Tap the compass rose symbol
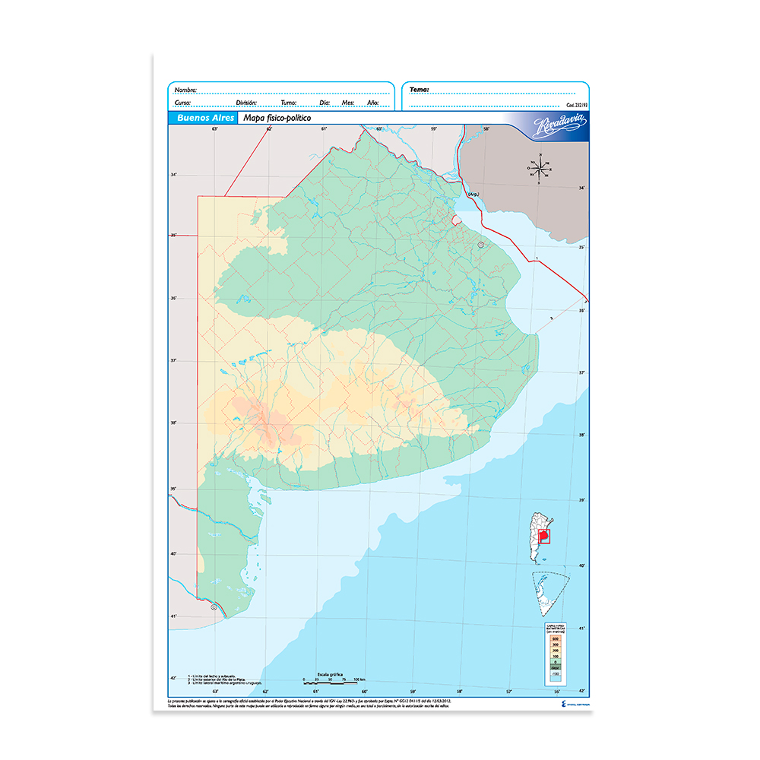pyautogui.click(x=540, y=169)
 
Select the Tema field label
pyautogui.click(x=419, y=90)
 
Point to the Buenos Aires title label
pyautogui.click(x=201, y=119)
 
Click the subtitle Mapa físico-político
pyautogui.click(x=277, y=119)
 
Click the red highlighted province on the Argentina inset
pyautogui.click(x=543, y=537)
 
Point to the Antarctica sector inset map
pyautogui.click(x=549, y=594)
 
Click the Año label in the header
pyautogui.click(x=372, y=102)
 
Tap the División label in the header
pyautogui.click(x=246, y=102)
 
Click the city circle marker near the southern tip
pyautogui.click(x=214, y=606)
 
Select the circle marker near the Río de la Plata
pyautogui.click(x=481, y=245)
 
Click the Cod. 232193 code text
pyautogui.click(x=577, y=106)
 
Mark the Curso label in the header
pyautogui.click(x=182, y=102)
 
